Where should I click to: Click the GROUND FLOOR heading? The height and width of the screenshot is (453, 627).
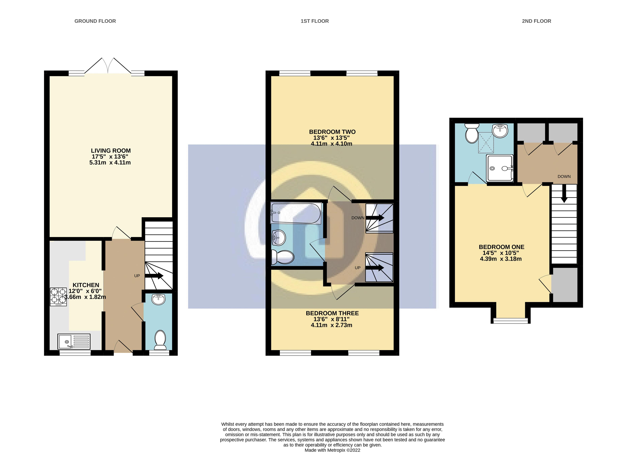[95, 21]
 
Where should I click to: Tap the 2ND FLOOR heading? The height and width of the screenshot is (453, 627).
[536, 21]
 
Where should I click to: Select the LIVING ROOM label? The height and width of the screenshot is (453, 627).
[111, 151]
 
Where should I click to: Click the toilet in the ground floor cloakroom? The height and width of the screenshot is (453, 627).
[160, 340]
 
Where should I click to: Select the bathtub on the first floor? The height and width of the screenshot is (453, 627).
[296, 213]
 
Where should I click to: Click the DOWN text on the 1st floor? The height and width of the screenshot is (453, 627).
[358, 218]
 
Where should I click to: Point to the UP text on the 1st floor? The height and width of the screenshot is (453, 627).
[357, 268]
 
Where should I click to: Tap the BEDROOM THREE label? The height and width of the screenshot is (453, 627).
[332, 313]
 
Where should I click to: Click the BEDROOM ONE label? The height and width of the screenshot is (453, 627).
[501, 247]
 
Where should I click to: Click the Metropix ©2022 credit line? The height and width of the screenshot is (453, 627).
[332, 450]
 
